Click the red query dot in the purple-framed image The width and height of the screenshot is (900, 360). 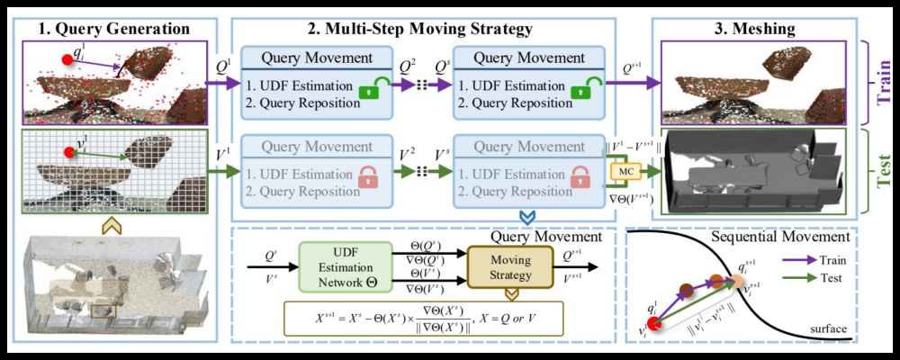coord(66,61)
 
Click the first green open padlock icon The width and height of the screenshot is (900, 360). coord(369,91)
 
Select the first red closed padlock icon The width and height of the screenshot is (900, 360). coord(369,175)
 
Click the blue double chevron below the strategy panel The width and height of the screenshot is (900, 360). coord(525,217)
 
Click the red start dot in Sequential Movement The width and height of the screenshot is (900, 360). coord(655,324)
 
